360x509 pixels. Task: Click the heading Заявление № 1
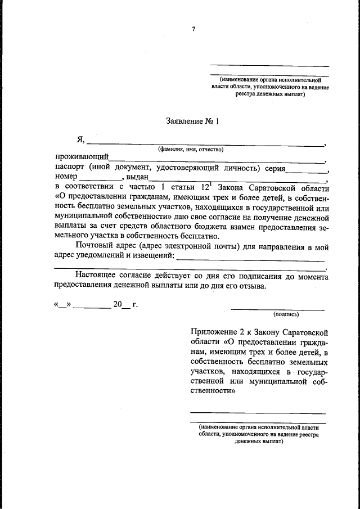191,120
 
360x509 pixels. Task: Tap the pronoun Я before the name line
81,140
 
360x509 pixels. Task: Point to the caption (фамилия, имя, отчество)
191,150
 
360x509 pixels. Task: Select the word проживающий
82,158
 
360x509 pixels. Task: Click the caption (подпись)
286,314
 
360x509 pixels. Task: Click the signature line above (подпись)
278,309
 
